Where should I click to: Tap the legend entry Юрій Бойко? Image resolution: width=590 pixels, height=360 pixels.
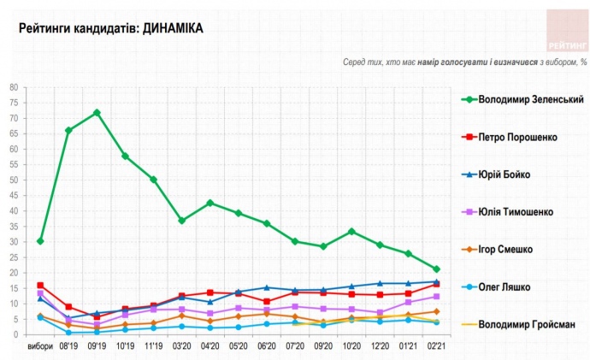click(504, 174)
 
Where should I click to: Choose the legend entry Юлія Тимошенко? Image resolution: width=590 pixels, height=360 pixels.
click(516, 211)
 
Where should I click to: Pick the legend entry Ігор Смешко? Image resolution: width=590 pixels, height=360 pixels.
click(506, 250)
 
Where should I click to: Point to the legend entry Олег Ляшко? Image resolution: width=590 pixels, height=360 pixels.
click(504, 287)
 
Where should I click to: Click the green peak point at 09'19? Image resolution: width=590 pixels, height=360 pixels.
click(97, 113)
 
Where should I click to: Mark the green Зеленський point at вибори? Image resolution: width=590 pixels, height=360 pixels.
click(40, 241)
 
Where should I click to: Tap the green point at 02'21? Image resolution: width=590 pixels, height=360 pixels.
click(436, 269)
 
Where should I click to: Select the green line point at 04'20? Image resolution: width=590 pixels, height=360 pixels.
click(209, 203)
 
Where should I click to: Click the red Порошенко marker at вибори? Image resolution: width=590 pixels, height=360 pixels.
click(40, 285)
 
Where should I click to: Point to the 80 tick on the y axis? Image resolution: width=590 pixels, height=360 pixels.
click(14, 87)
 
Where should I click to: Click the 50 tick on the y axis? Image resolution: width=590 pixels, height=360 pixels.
click(14, 180)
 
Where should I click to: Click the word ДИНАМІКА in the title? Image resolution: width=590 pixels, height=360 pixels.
click(173, 28)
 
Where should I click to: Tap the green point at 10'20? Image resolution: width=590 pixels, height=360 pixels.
click(351, 232)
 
